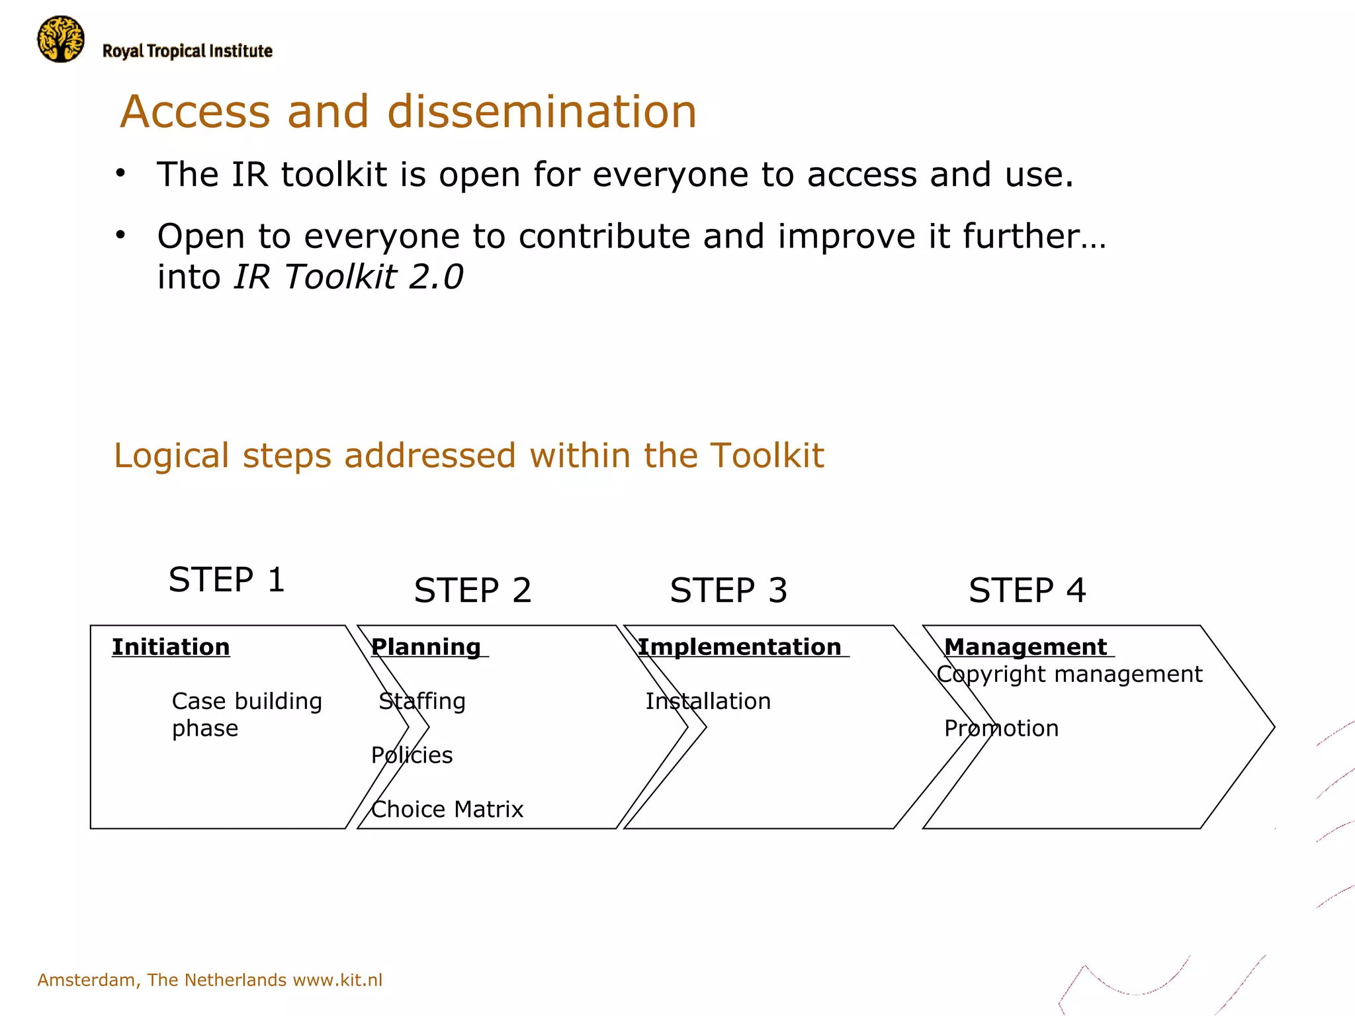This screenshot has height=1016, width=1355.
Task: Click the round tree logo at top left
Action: [61, 40]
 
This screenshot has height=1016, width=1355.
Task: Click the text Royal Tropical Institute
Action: [187, 51]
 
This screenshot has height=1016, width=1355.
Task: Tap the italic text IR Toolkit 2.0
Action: [348, 276]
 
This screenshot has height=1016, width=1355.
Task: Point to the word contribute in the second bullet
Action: [605, 236]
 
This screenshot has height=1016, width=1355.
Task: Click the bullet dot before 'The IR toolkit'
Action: [120, 174]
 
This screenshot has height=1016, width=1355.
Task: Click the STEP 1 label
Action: [226, 579]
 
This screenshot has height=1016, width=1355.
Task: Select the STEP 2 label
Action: [472, 590]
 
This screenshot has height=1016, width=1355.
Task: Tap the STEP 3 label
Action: [728, 590]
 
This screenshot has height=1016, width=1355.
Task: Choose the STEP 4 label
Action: [1027, 590]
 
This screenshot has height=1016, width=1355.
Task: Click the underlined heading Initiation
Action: [171, 646]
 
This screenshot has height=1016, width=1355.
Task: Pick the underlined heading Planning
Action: [426, 646]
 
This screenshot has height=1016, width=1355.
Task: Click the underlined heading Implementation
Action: [739, 646]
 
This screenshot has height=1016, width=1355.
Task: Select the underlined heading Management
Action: [1025, 646]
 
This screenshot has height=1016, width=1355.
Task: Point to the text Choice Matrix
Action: [447, 809]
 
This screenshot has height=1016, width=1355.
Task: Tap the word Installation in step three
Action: [708, 700]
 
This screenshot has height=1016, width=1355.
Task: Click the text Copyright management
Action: [1069, 674]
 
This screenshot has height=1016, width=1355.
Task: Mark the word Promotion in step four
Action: [1001, 728]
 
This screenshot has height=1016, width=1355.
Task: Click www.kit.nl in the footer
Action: [337, 980]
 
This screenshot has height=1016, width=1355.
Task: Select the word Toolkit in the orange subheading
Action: [767, 455]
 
